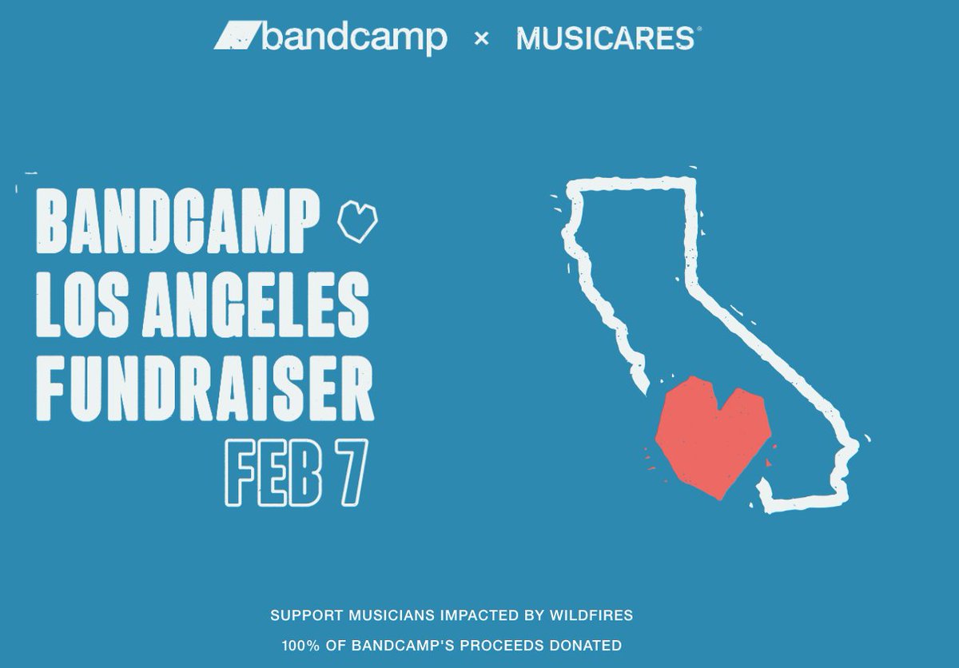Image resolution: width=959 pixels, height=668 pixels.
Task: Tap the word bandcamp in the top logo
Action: tap(354, 38)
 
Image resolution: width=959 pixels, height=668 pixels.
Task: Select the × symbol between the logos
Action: tap(481, 38)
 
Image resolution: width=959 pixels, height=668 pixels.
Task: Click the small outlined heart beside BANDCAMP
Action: tap(357, 221)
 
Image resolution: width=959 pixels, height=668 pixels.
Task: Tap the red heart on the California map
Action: tap(711, 435)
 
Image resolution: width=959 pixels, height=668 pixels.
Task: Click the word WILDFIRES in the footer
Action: tap(591, 615)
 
